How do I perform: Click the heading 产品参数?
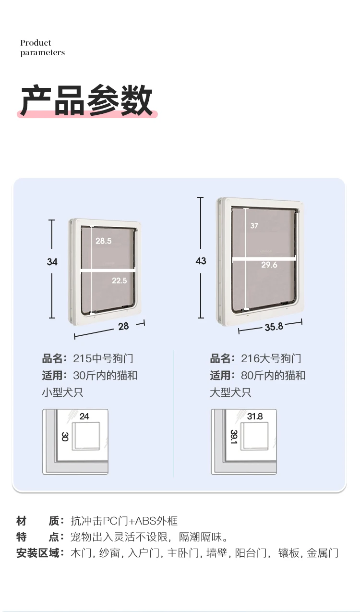[x=86, y=100]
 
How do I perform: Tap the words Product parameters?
[x=42, y=48]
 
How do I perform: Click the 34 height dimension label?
[x=52, y=262]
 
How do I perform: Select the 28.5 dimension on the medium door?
[x=103, y=241]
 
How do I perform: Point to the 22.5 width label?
[x=120, y=281]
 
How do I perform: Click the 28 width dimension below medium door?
[x=123, y=326]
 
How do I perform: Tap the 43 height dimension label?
[x=201, y=261]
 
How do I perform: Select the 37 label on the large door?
[x=254, y=226]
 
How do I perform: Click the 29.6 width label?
[x=269, y=265]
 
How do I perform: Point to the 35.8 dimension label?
[x=274, y=327]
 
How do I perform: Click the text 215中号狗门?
[x=103, y=358]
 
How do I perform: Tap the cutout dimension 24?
[x=84, y=416]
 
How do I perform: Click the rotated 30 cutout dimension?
[x=65, y=436]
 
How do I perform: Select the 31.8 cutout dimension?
[x=255, y=416]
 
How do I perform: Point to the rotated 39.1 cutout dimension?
[x=233, y=437]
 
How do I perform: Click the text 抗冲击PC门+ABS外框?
[x=124, y=521]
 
